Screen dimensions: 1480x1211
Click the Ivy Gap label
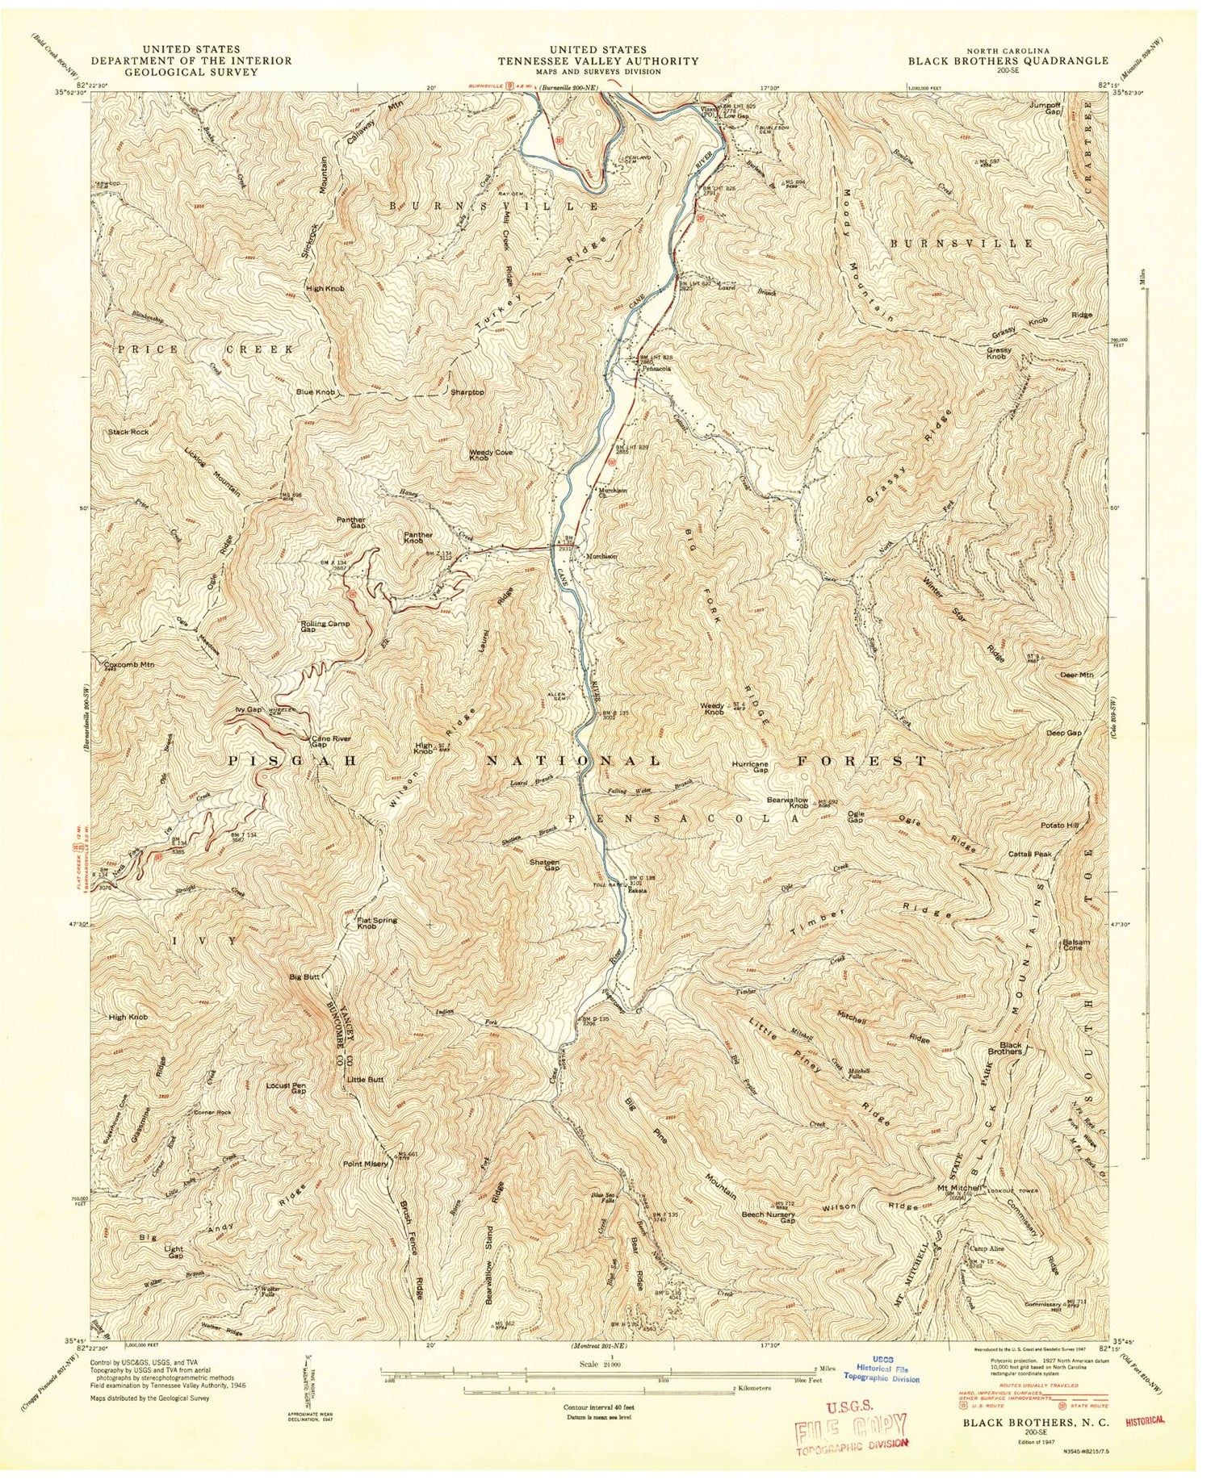pos(250,709)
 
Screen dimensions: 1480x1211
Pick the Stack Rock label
pos(129,433)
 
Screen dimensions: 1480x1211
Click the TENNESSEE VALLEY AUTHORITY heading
pos(597,61)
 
